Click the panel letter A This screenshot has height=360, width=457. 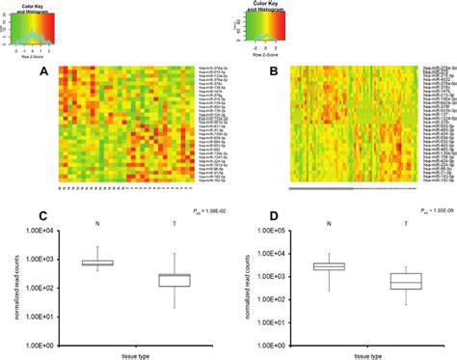[42, 70]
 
